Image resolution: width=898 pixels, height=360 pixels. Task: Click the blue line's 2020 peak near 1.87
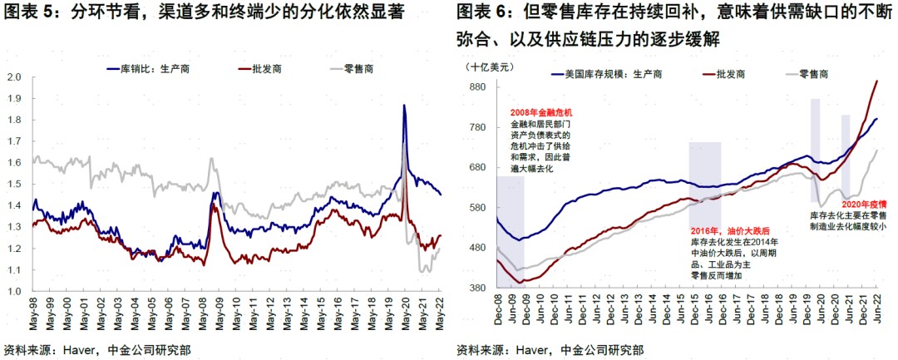click(x=403, y=106)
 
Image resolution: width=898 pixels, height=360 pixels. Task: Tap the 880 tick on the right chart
click(x=476, y=87)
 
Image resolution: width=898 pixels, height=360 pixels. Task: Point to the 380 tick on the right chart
click(x=476, y=288)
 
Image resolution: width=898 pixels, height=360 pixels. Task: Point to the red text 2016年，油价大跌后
click(x=732, y=230)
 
